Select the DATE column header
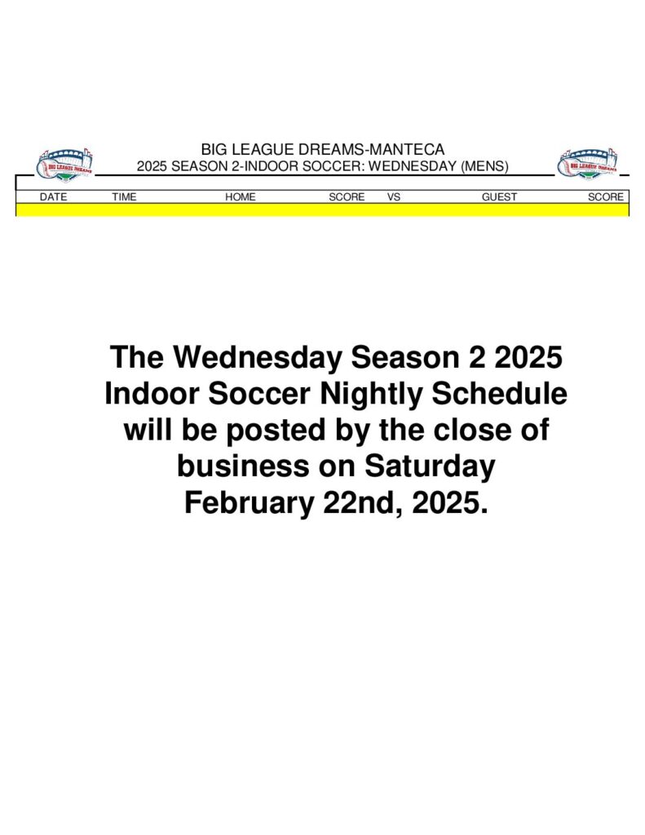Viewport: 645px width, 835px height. click(x=53, y=197)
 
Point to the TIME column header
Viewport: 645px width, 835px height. click(x=124, y=197)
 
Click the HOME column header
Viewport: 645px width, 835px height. click(x=241, y=197)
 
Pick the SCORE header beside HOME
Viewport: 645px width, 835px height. click(x=347, y=197)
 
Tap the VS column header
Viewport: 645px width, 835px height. click(x=394, y=197)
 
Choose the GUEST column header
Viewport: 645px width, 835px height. click(x=499, y=197)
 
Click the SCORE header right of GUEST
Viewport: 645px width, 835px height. click(x=606, y=197)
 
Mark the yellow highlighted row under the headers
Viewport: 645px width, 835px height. click(x=322, y=210)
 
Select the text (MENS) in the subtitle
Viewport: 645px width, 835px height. click(x=484, y=166)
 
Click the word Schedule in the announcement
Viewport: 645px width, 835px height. click(x=499, y=393)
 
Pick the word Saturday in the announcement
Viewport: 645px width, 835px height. click(x=430, y=466)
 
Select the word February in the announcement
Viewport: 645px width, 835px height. click(x=250, y=502)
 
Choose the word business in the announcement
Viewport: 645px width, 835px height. click(x=243, y=466)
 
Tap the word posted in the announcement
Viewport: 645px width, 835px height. click(x=276, y=431)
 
